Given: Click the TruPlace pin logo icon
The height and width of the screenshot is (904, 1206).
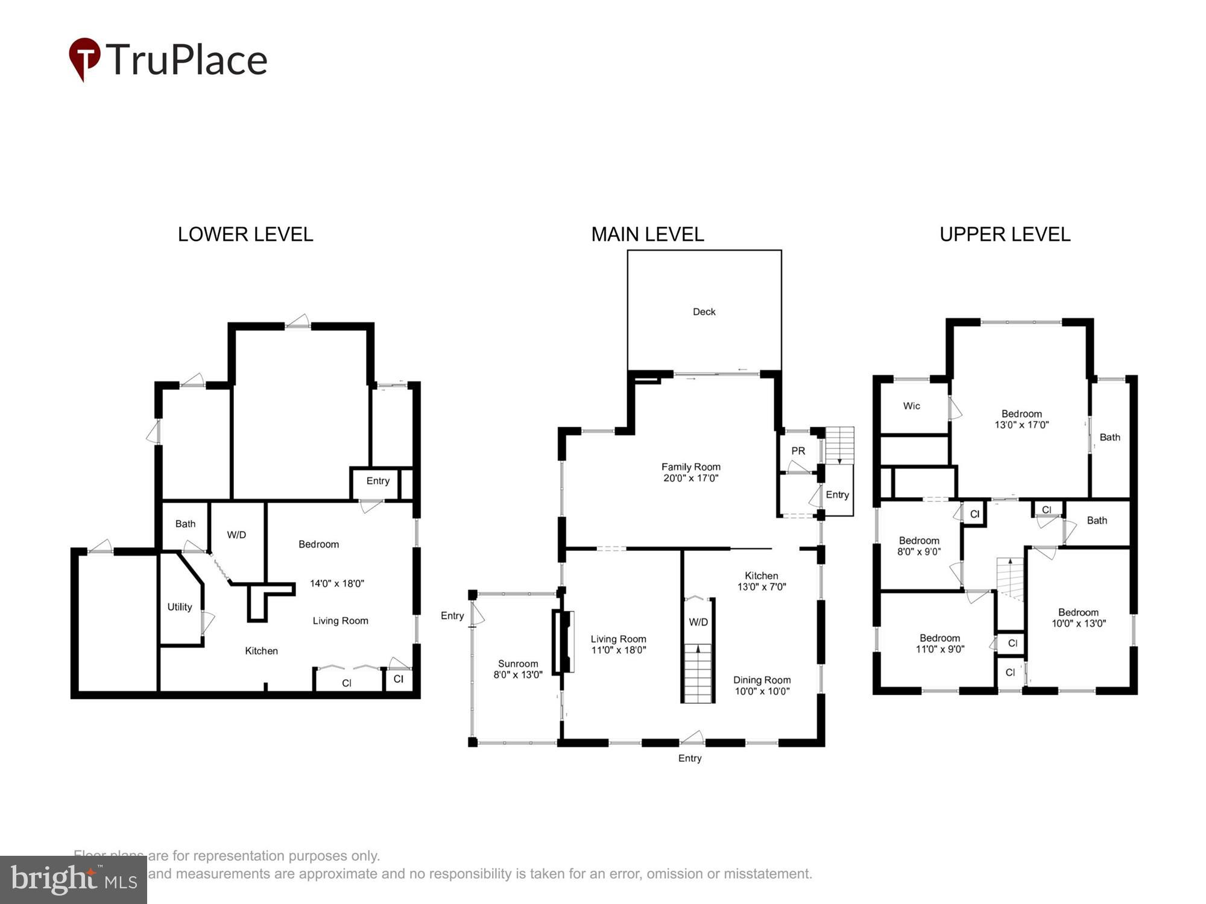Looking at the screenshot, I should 84,58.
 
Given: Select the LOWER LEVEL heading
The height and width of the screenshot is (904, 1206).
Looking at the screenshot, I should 245,234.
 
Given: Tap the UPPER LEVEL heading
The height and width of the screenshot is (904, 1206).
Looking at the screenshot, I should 1005,234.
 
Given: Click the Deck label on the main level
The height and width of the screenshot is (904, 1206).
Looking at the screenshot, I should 704,312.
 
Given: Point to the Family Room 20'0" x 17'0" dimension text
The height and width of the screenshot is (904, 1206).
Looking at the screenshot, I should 690,479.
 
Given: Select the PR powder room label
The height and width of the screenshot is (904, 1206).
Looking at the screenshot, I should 798,451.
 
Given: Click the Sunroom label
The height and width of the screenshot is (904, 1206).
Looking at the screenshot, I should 518,664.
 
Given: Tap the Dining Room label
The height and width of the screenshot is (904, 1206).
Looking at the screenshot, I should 762,680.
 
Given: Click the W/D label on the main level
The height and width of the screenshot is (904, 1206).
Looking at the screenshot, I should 698,622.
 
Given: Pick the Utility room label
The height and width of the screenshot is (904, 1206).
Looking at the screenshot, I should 180,607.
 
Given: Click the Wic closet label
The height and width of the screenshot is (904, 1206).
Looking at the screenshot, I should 911,406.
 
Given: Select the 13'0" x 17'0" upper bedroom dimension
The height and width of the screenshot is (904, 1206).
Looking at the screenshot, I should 1021,425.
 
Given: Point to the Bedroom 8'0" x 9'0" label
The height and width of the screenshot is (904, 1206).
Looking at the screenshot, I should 919,546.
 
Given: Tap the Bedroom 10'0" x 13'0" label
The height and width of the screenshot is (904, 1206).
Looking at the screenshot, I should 1078,618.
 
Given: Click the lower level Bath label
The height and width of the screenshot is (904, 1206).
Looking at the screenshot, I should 185,524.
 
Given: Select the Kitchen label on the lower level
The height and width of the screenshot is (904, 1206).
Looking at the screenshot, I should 261,651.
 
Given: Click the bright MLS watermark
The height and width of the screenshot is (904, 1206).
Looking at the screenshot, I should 74,880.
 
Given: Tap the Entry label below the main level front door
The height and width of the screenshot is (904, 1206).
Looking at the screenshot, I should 690,758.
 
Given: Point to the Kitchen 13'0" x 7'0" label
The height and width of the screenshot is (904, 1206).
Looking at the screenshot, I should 761,581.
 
